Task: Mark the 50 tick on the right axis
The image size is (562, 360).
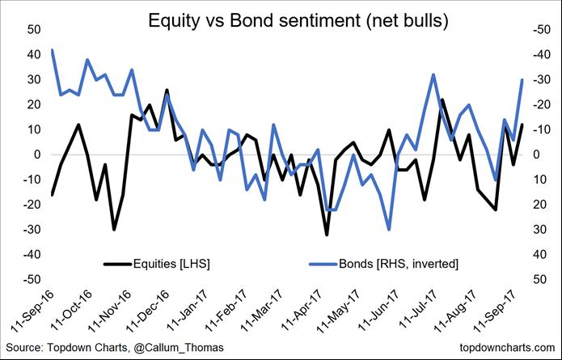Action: (x=537, y=279)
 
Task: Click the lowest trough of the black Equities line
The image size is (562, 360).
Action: (x=327, y=235)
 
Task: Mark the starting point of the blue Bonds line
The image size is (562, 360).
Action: (x=53, y=50)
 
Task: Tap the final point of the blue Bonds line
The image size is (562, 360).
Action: (x=522, y=79)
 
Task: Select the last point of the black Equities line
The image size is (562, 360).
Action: (x=522, y=125)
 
